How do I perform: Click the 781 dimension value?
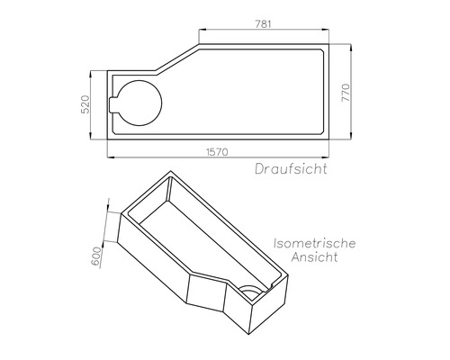point(263,23)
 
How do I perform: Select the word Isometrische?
point(314,243)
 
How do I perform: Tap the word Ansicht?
point(314,258)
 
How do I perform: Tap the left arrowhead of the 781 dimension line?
point(202,30)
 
